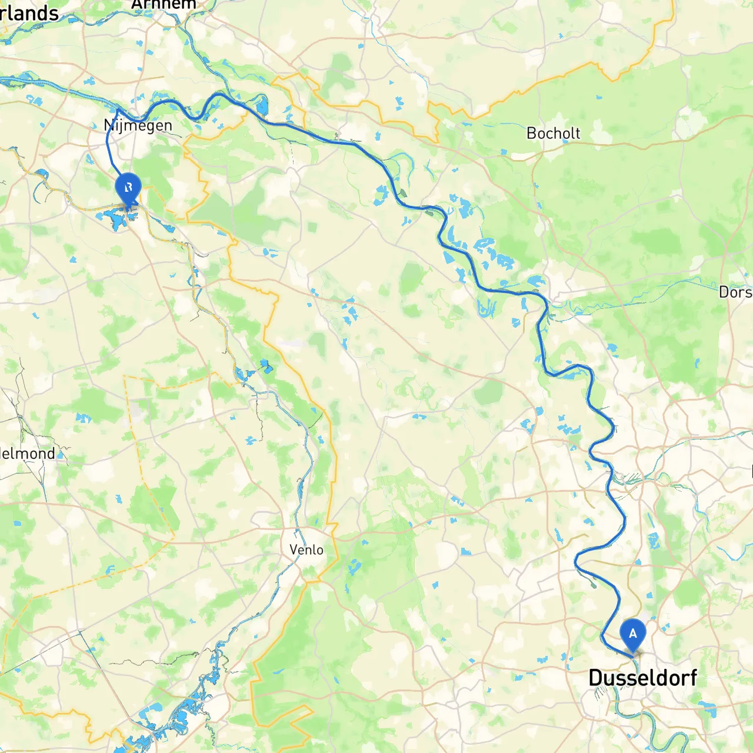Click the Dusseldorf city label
pos(642,678)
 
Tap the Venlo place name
pos(306,549)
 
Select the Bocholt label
pos(553,134)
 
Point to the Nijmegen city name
pos(138,125)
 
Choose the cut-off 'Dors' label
pos(735,292)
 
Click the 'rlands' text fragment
pos(29,13)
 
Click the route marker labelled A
pos(633,634)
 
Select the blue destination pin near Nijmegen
pos(128,189)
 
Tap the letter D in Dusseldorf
pos(595,678)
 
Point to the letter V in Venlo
pos(294,549)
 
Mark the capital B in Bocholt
pos(531,134)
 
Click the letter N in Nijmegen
pos(108,125)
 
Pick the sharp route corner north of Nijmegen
pos(118,109)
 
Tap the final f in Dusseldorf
pos(692,678)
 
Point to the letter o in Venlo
pos(319,550)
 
